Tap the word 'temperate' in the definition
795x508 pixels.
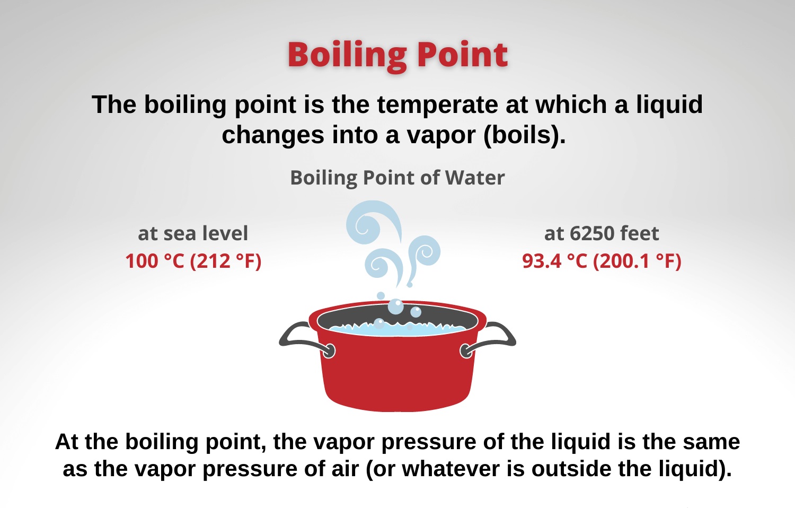[x=438, y=105]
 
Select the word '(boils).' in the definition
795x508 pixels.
[x=524, y=135]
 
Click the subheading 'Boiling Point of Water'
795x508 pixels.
[x=397, y=178]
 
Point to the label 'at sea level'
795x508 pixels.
[x=193, y=234]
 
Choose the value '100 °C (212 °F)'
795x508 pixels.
[x=193, y=261]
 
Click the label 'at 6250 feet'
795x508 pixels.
[x=602, y=234]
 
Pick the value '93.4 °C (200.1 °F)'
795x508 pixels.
[x=602, y=261]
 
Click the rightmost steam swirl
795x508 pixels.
[x=424, y=254]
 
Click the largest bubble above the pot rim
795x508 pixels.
[x=396, y=306]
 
